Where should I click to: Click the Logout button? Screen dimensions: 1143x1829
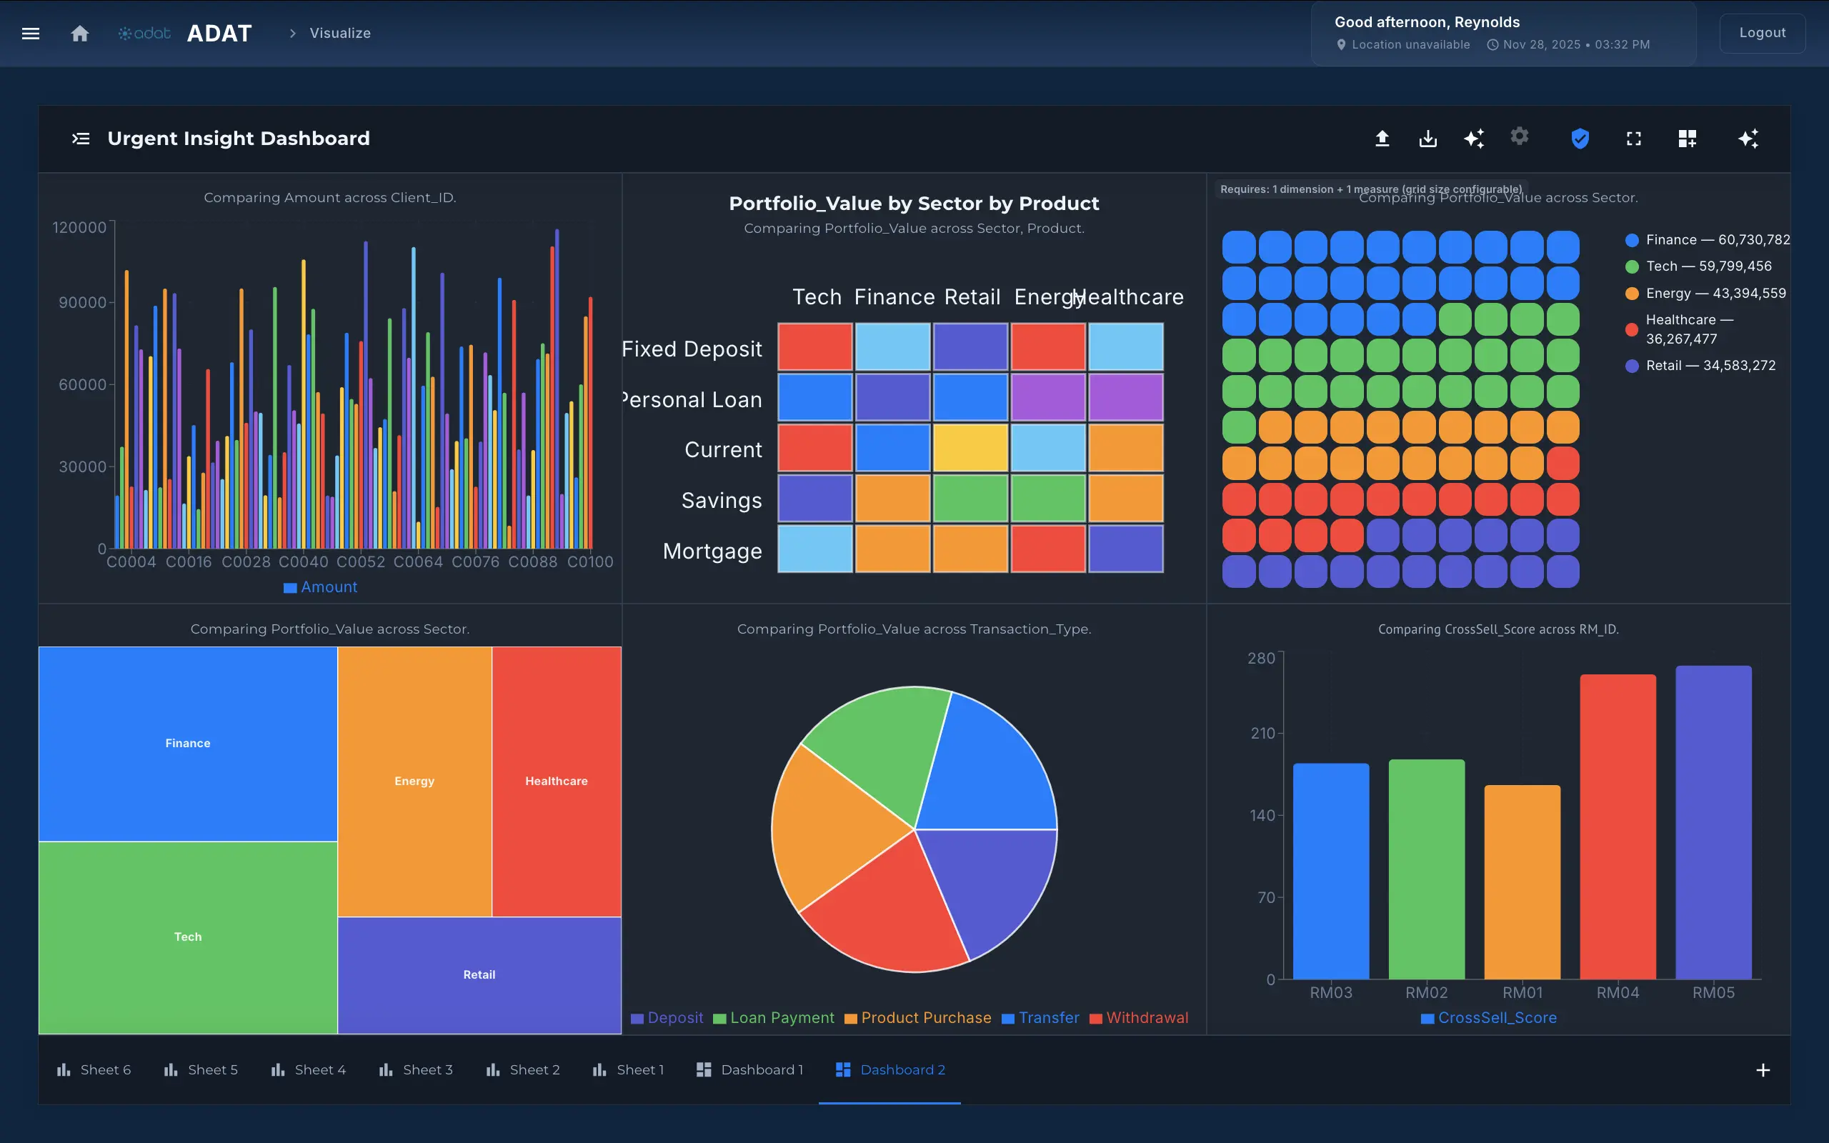pos(1762,33)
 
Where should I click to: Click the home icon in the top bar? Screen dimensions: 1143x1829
pos(79,34)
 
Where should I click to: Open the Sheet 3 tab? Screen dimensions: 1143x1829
pos(417,1069)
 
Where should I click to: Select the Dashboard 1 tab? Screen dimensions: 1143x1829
pos(749,1069)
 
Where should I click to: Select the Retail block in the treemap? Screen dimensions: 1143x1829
pos(479,974)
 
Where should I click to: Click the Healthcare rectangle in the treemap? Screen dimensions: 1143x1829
pos(557,781)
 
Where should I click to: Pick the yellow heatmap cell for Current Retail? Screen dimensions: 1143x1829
pos(970,447)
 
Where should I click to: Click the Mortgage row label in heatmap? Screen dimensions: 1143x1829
pos(712,551)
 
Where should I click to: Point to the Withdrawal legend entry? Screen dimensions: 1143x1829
pos(1139,1017)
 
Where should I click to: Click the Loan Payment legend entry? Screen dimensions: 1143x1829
pos(774,1017)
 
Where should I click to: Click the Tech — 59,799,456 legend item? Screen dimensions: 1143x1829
pos(1699,266)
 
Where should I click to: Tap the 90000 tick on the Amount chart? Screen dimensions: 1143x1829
pos(82,302)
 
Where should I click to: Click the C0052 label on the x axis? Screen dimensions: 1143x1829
pos(361,561)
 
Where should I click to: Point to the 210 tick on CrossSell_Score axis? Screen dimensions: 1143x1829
pos(1262,733)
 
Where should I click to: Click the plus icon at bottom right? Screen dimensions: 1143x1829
pos(1763,1069)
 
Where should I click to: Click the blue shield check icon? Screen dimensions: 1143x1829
pos(1580,139)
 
